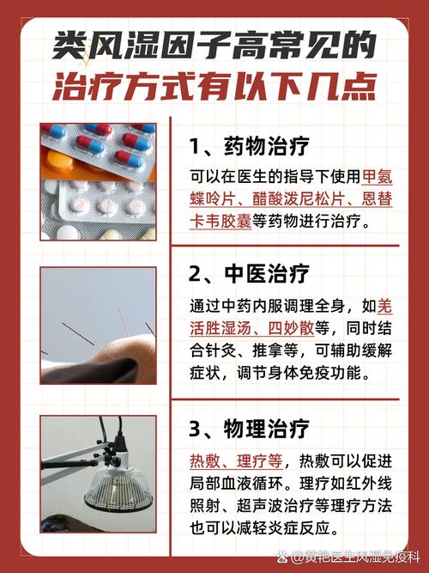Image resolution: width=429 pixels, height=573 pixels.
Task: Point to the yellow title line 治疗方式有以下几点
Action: [x=214, y=87]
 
